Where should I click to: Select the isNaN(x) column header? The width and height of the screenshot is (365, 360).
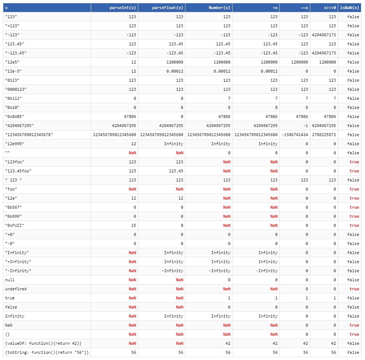(x=350, y=8)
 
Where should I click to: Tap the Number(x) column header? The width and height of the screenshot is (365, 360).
(x=220, y=8)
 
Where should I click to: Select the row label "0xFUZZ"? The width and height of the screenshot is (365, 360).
(x=15, y=225)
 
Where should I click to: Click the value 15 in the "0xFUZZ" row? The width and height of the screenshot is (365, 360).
(x=134, y=225)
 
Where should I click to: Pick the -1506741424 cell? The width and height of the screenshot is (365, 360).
(x=295, y=135)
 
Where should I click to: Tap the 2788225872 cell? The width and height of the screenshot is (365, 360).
(x=324, y=135)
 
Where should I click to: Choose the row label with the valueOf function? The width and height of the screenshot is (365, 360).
(x=43, y=343)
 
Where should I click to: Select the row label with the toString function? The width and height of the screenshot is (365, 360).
(x=47, y=352)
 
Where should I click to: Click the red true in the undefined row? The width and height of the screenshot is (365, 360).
(x=354, y=289)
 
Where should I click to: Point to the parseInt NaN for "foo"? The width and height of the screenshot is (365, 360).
(x=132, y=189)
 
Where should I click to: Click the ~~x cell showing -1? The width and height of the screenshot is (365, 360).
(x=305, y=126)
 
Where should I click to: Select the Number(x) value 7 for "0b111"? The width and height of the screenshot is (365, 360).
(x=229, y=98)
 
